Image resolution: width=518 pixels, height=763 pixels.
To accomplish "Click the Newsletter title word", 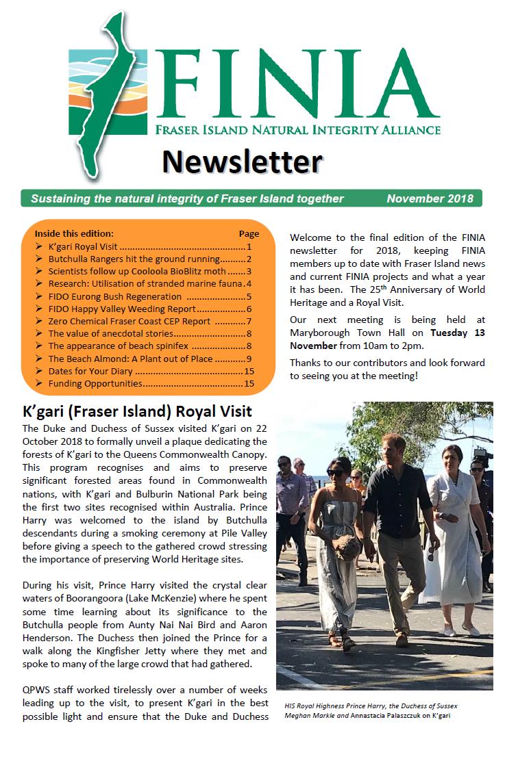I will pyautogui.click(x=242, y=162).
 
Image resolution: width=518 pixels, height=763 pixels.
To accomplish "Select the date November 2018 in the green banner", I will pyautogui.click(x=430, y=199).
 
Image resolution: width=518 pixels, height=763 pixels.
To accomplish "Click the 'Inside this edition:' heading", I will pyautogui.click(x=74, y=233).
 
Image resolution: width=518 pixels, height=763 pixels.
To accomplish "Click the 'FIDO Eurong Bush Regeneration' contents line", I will pyautogui.click(x=114, y=296).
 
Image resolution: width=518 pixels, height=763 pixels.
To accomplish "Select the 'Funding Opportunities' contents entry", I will pyautogui.click(x=95, y=383).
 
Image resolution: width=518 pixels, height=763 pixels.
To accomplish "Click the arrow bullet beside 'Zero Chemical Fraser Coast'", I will pyautogui.click(x=39, y=322).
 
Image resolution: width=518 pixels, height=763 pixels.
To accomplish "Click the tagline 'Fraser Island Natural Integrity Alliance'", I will pyautogui.click(x=298, y=129).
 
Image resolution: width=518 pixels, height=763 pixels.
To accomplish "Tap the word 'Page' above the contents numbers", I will pyautogui.click(x=249, y=233).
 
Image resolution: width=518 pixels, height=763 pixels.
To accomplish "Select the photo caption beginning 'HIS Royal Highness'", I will pyautogui.click(x=369, y=710).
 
